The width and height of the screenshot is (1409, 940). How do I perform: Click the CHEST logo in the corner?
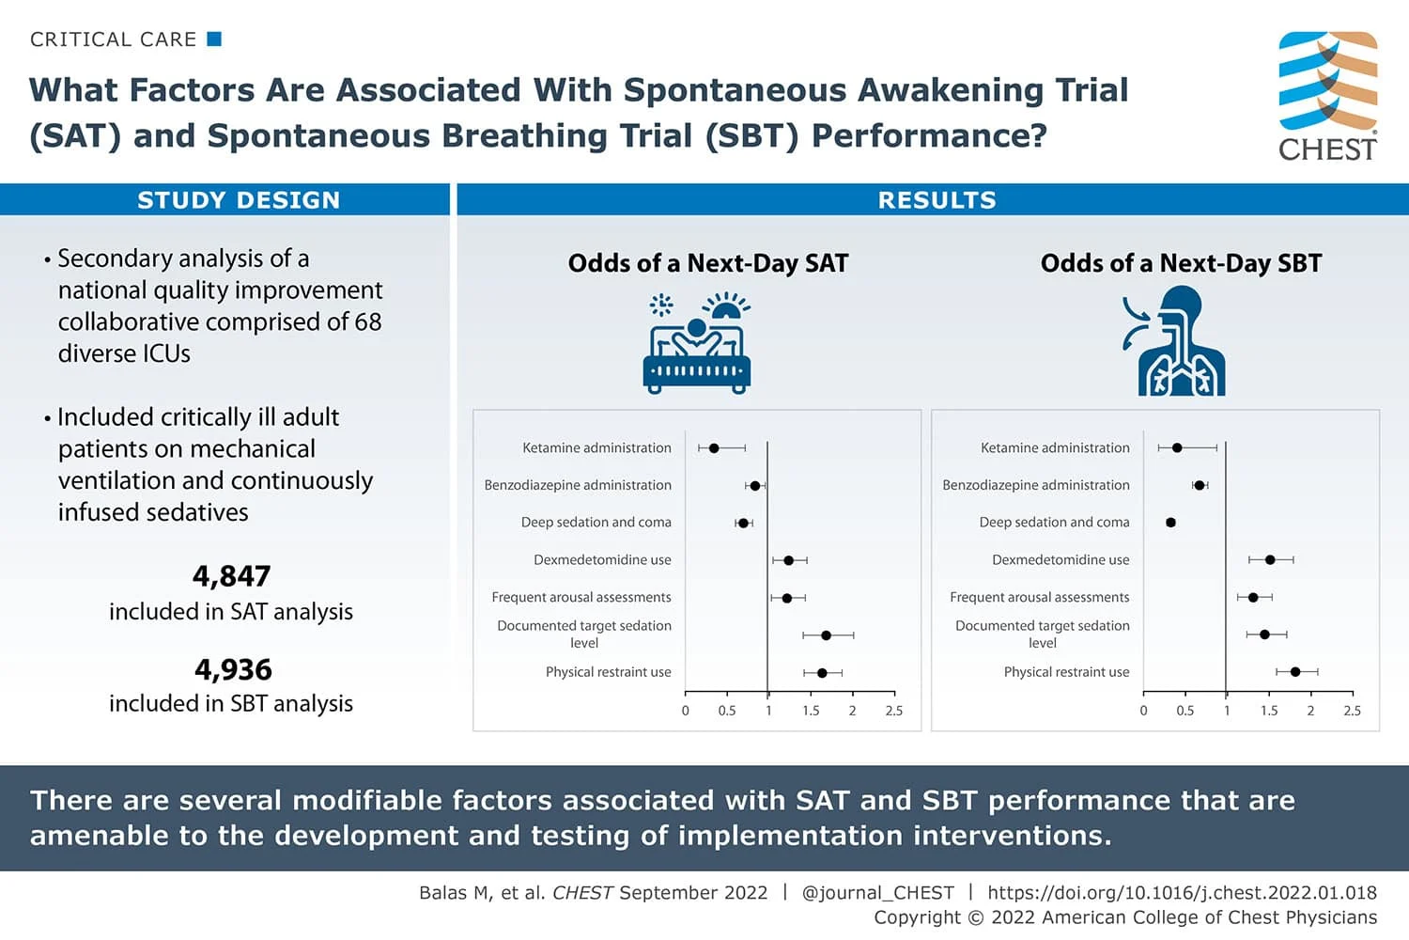pos(1327,96)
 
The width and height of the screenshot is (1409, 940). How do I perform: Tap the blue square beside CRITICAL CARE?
pos(214,39)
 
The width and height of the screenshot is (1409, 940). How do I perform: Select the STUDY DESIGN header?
pos(239,200)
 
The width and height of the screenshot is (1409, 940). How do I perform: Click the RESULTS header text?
pos(937,200)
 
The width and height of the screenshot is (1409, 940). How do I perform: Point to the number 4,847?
pos(231,575)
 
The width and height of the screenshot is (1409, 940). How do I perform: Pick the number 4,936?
pos(233,669)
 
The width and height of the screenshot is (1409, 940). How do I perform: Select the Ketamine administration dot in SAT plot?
pos(714,448)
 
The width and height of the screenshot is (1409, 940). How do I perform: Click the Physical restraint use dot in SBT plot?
pos(1295,672)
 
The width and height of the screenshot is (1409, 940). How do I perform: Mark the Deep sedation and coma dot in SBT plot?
pos(1170,523)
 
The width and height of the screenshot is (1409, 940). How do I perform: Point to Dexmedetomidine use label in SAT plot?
pos(602,560)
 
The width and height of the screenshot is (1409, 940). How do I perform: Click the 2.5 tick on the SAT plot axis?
pos(893,711)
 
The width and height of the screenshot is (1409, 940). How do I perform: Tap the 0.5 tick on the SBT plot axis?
pos(1184,711)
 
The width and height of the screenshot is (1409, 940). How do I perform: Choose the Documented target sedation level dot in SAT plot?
pos(826,635)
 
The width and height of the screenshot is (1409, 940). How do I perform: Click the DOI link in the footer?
pos(1182,893)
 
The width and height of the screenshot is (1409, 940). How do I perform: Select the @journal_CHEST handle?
pos(877,893)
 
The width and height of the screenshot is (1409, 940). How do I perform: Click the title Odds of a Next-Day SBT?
pos(1181,263)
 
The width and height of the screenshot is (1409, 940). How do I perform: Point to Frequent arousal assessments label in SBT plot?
pos(1039,598)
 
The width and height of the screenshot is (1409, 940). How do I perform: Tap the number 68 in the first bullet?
pos(368,322)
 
